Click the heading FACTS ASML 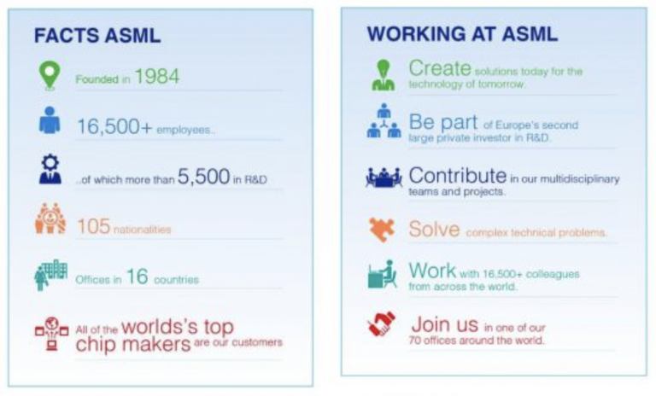pos(97,36)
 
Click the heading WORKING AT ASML pos(462,34)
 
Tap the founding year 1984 pos(157,76)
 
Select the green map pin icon pos(50,76)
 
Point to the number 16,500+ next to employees pos(114,126)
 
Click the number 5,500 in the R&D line pos(204,177)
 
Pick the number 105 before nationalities pos(94,226)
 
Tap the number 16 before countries pos(138,277)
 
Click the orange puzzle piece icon pos(381,230)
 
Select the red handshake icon pos(381,323)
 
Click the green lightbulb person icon pos(384,75)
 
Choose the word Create pos(440,68)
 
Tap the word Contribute pos(458,176)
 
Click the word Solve pos(434,230)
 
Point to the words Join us pos(445,324)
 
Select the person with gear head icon pos(50,169)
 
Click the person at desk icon pos(382,274)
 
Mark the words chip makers pos(133,345)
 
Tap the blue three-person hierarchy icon pos(384,121)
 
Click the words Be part pos(443,122)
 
